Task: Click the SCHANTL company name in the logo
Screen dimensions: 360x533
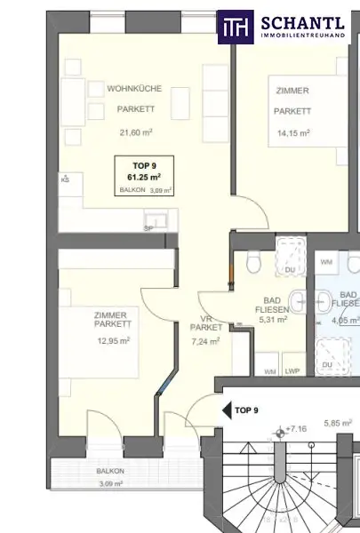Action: (x=302, y=23)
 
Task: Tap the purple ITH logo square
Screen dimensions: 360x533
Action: (x=236, y=28)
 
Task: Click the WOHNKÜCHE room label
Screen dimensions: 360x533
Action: (x=134, y=89)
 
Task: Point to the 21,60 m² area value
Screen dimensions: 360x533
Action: (x=136, y=132)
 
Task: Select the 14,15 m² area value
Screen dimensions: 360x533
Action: (x=293, y=133)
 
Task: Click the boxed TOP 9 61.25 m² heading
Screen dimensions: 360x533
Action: (x=144, y=171)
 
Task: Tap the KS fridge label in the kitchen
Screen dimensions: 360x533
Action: (x=65, y=179)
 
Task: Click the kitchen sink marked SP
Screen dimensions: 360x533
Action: (x=156, y=219)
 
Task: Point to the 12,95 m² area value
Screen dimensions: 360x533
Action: (x=113, y=340)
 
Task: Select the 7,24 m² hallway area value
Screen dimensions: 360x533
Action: (x=205, y=341)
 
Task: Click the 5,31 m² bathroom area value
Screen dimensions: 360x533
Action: (x=273, y=319)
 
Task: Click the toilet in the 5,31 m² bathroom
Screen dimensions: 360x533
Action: (x=253, y=262)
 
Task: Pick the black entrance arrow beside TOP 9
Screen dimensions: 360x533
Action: (x=227, y=410)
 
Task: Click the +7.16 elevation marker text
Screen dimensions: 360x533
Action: (x=296, y=429)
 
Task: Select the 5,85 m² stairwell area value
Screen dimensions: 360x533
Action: (x=338, y=423)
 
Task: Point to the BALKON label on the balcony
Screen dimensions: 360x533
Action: (x=110, y=471)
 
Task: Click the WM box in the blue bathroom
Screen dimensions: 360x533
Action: (x=326, y=263)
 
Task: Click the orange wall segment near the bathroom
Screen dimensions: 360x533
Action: (x=231, y=271)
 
